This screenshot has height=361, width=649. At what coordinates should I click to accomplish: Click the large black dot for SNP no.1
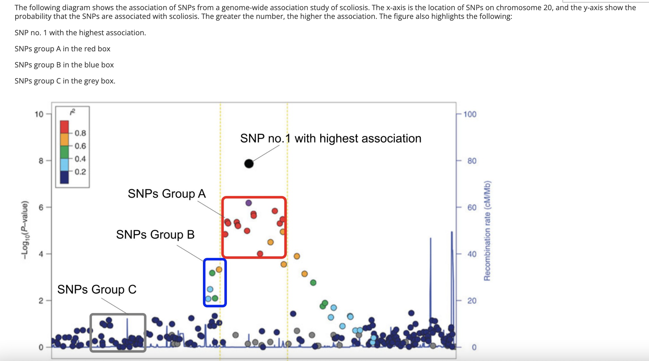point(249,163)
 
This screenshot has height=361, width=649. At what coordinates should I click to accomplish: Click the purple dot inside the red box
point(248,203)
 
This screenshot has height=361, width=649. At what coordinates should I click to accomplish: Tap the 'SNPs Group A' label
point(167,194)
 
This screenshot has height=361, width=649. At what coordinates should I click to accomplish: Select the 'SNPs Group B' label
point(155,235)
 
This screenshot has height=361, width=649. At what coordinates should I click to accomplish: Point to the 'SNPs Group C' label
point(97,289)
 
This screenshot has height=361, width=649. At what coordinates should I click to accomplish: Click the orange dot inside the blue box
point(219,270)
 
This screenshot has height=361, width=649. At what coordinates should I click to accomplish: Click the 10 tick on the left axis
point(39,114)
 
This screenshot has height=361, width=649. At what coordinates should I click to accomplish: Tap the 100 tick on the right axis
point(470,114)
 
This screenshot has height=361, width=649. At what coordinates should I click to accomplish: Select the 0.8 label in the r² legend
point(80,133)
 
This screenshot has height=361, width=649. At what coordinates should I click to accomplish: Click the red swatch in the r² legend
point(64,127)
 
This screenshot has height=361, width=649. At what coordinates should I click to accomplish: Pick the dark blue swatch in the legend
point(64,177)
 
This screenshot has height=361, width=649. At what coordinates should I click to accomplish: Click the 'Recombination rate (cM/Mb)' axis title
point(487,231)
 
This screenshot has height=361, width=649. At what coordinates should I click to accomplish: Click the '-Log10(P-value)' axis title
point(25,230)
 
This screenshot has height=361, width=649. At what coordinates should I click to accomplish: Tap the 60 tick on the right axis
point(472,208)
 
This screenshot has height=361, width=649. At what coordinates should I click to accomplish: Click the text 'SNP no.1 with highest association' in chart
point(330,138)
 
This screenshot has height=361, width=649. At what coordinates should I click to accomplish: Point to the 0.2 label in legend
point(80,172)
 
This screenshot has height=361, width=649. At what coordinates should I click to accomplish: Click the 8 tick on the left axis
point(41,161)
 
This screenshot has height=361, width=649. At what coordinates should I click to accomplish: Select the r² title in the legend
point(72,112)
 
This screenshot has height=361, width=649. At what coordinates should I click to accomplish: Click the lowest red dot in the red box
point(260,254)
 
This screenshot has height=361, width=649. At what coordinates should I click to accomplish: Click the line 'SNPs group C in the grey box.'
point(65,81)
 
